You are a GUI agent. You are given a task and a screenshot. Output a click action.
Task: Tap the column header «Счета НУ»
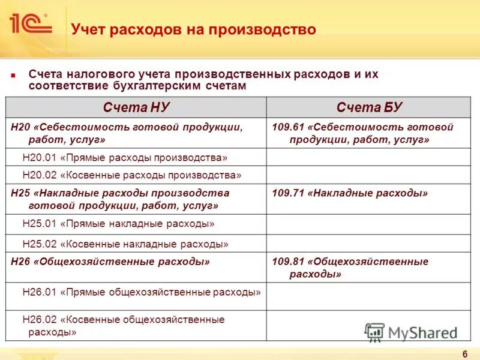click(x=136, y=107)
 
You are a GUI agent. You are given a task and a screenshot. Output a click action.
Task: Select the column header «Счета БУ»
click(x=369, y=107)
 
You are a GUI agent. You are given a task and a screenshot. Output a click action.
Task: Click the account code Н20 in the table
click(x=20, y=127)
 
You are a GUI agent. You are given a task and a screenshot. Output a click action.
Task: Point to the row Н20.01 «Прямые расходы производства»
click(x=125, y=158)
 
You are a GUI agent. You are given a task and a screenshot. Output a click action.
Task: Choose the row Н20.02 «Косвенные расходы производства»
click(x=131, y=175)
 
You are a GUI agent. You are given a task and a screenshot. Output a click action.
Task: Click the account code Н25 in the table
click(x=20, y=193)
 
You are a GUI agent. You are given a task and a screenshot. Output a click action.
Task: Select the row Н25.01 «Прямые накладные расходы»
click(x=118, y=224)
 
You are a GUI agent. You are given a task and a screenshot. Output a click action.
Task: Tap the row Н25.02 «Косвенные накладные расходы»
click(x=125, y=244)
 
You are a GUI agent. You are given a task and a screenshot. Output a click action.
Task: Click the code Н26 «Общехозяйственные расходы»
click(x=20, y=262)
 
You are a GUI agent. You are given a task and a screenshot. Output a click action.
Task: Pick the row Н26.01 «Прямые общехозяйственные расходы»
click(x=142, y=292)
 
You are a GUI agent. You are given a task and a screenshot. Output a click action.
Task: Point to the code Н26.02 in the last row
click(x=38, y=319)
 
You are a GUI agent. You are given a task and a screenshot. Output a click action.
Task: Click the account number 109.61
click(x=287, y=127)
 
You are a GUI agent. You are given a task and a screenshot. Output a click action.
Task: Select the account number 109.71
click(x=287, y=193)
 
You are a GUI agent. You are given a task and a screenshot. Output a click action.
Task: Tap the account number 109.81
click(x=287, y=262)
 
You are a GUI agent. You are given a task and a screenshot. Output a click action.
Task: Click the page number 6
click(x=465, y=353)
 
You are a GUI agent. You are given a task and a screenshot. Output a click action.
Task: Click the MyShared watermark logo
click(x=411, y=332)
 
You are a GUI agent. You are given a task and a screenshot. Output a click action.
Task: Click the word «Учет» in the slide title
click(x=88, y=29)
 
